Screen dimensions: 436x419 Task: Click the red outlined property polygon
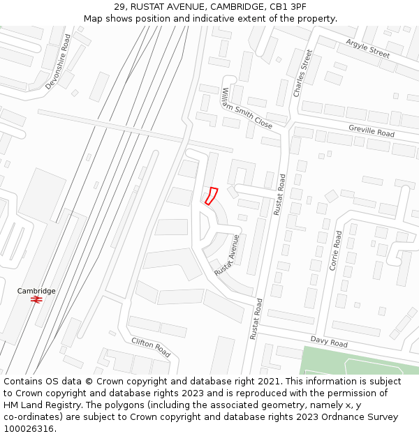(x=211, y=196)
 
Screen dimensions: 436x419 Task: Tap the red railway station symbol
(x=36, y=299)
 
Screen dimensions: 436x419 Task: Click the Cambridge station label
(x=36, y=291)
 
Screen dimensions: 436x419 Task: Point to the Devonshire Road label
(x=58, y=61)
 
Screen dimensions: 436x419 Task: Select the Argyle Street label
(x=367, y=48)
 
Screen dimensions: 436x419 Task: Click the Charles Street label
(x=302, y=73)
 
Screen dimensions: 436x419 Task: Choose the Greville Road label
(x=372, y=130)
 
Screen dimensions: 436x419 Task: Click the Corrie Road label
(x=335, y=250)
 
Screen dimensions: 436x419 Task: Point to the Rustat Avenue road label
(x=228, y=255)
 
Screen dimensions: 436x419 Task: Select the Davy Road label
(x=329, y=343)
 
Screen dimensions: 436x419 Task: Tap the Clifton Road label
(x=151, y=346)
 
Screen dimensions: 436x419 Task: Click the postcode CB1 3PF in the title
(x=288, y=7)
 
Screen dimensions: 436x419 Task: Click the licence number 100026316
(x=28, y=429)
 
